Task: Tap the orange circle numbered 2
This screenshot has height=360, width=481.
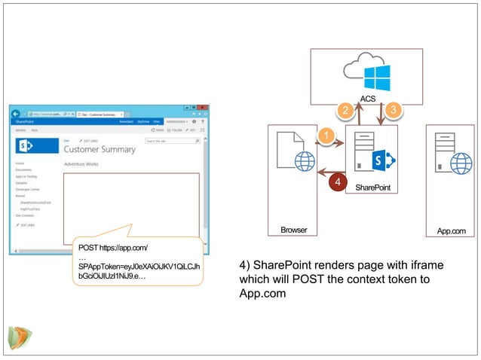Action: click(345, 111)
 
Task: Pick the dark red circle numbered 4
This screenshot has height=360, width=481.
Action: click(339, 182)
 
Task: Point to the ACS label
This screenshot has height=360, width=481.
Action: click(368, 99)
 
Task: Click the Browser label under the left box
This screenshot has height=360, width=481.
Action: click(294, 230)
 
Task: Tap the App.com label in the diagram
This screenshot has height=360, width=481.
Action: click(452, 231)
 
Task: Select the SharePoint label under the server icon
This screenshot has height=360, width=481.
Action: click(372, 188)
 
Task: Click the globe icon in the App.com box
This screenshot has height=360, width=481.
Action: click(461, 163)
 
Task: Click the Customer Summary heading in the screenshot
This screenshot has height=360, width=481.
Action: click(100, 149)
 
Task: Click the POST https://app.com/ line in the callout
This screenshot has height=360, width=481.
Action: click(113, 248)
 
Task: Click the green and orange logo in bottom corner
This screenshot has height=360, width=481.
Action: click(18, 337)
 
